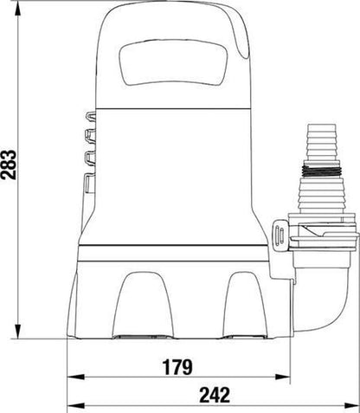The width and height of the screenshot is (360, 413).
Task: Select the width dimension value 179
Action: pos(177,367)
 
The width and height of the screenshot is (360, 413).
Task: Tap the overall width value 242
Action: pos(215,395)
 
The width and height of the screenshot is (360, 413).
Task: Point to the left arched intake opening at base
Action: pos(143,305)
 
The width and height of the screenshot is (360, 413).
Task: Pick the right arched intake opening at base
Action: pos(245,305)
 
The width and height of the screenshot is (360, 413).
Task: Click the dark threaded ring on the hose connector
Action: pos(322,171)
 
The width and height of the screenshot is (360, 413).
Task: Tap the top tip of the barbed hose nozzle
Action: pos(322,125)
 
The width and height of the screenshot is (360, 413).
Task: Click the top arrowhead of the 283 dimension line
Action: pos(18,10)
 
